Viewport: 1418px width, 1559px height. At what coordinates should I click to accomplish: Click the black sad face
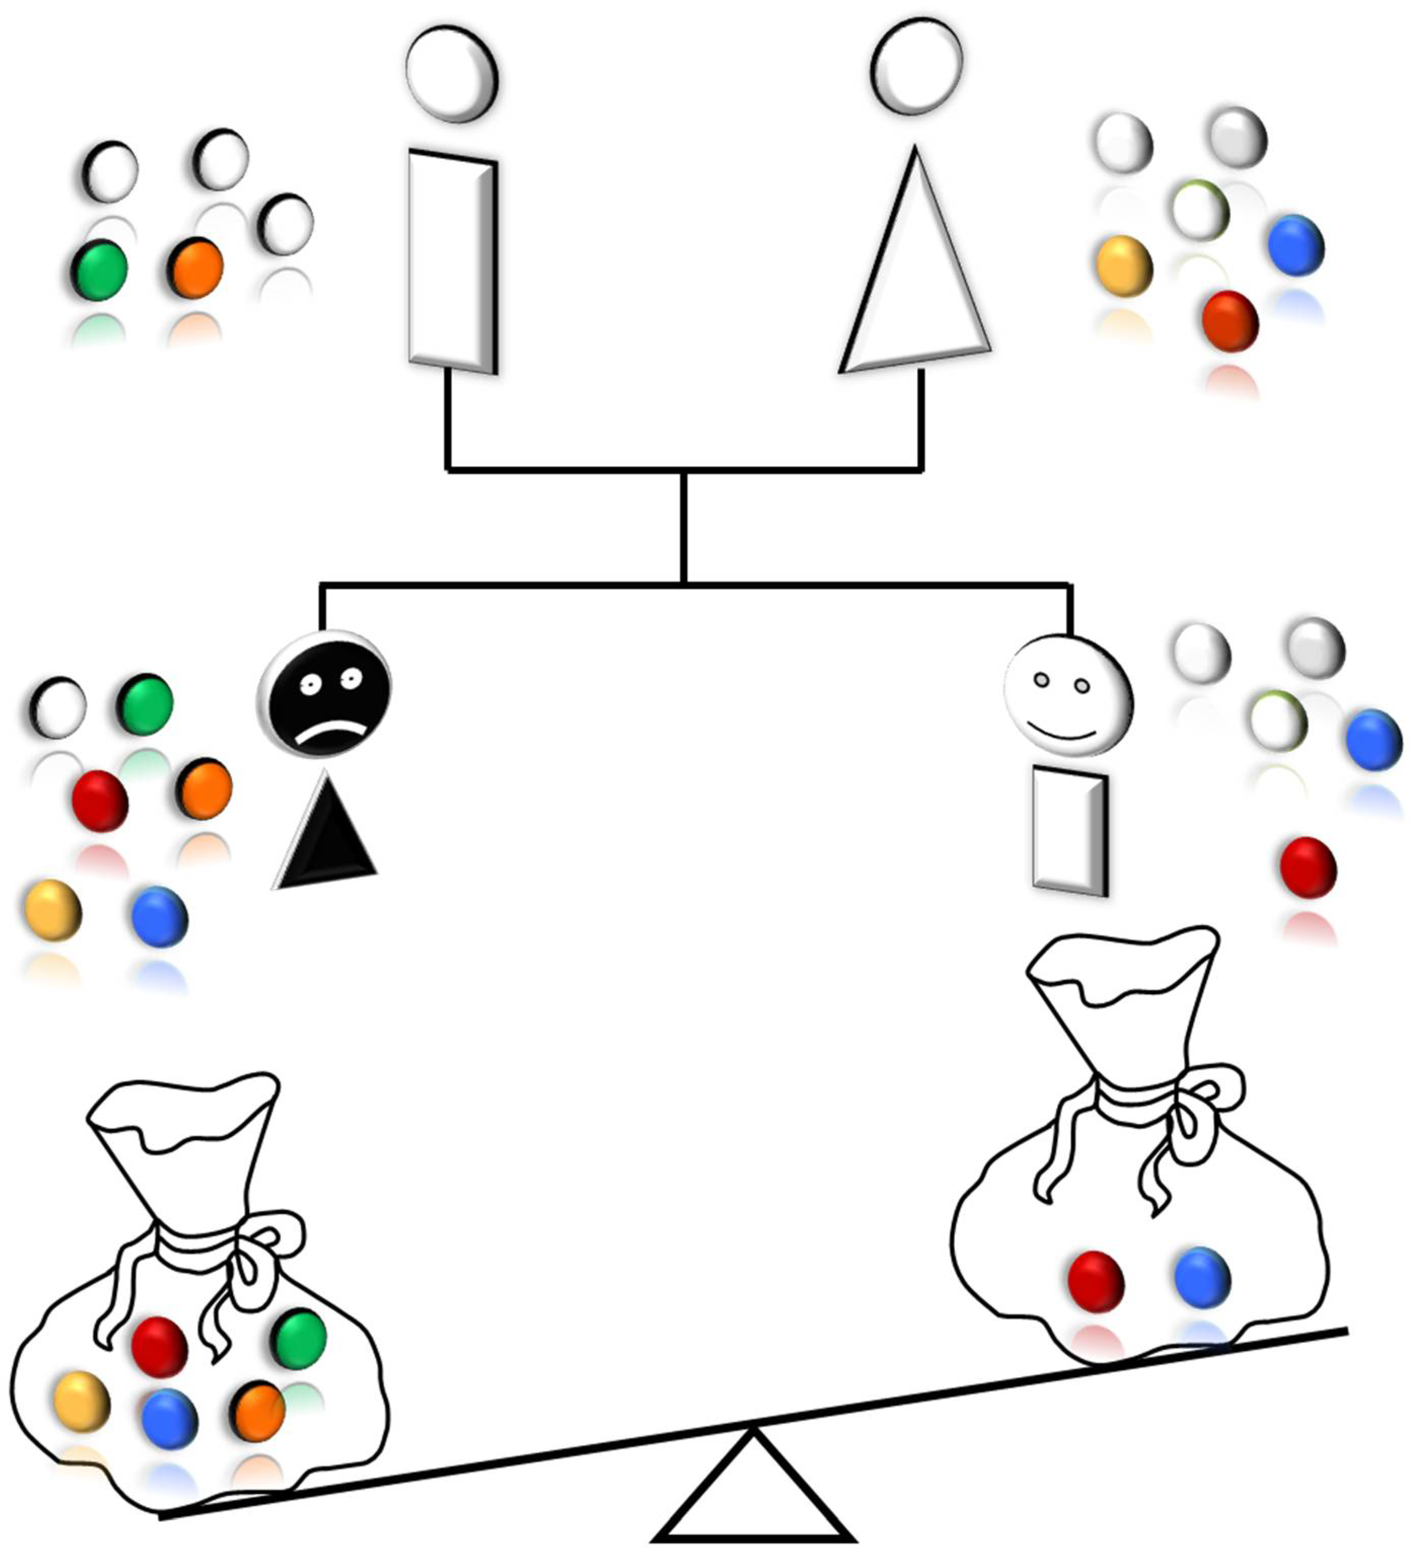325,693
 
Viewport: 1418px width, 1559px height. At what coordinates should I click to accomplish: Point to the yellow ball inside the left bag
82,1401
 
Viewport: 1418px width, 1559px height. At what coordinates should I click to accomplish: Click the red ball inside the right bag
1095,1281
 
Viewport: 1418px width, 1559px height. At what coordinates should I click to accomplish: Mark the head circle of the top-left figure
452,74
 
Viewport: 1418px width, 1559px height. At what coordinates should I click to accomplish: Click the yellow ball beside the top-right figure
1124,266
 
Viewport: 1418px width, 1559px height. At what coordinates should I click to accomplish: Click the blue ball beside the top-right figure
1296,245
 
